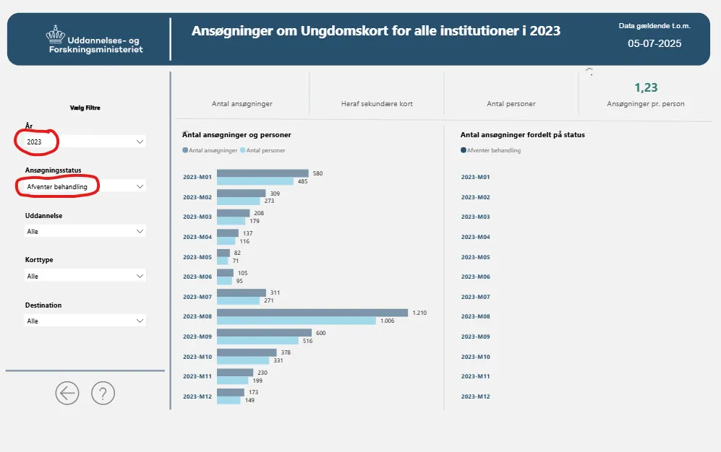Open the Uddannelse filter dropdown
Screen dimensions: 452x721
tap(85, 232)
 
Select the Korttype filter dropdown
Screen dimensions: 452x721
tap(85, 276)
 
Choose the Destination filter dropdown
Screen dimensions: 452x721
tap(85, 321)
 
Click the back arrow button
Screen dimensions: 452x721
tap(67, 393)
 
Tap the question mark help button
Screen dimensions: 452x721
tap(103, 393)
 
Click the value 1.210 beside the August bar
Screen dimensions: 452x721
tap(420, 313)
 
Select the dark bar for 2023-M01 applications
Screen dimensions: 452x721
tap(263, 173)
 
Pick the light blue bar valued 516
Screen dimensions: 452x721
tap(257, 340)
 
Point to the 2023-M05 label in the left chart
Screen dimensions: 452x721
tap(197, 257)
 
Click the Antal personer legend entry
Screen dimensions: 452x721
tap(265, 151)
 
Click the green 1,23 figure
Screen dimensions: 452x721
tap(646, 87)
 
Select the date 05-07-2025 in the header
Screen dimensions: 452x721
tap(654, 43)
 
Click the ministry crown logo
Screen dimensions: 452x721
tap(55, 33)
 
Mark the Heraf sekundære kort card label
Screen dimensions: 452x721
tap(377, 104)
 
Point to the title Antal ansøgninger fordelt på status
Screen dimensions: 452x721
tap(523, 134)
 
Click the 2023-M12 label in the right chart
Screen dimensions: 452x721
tap(475, 396)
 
